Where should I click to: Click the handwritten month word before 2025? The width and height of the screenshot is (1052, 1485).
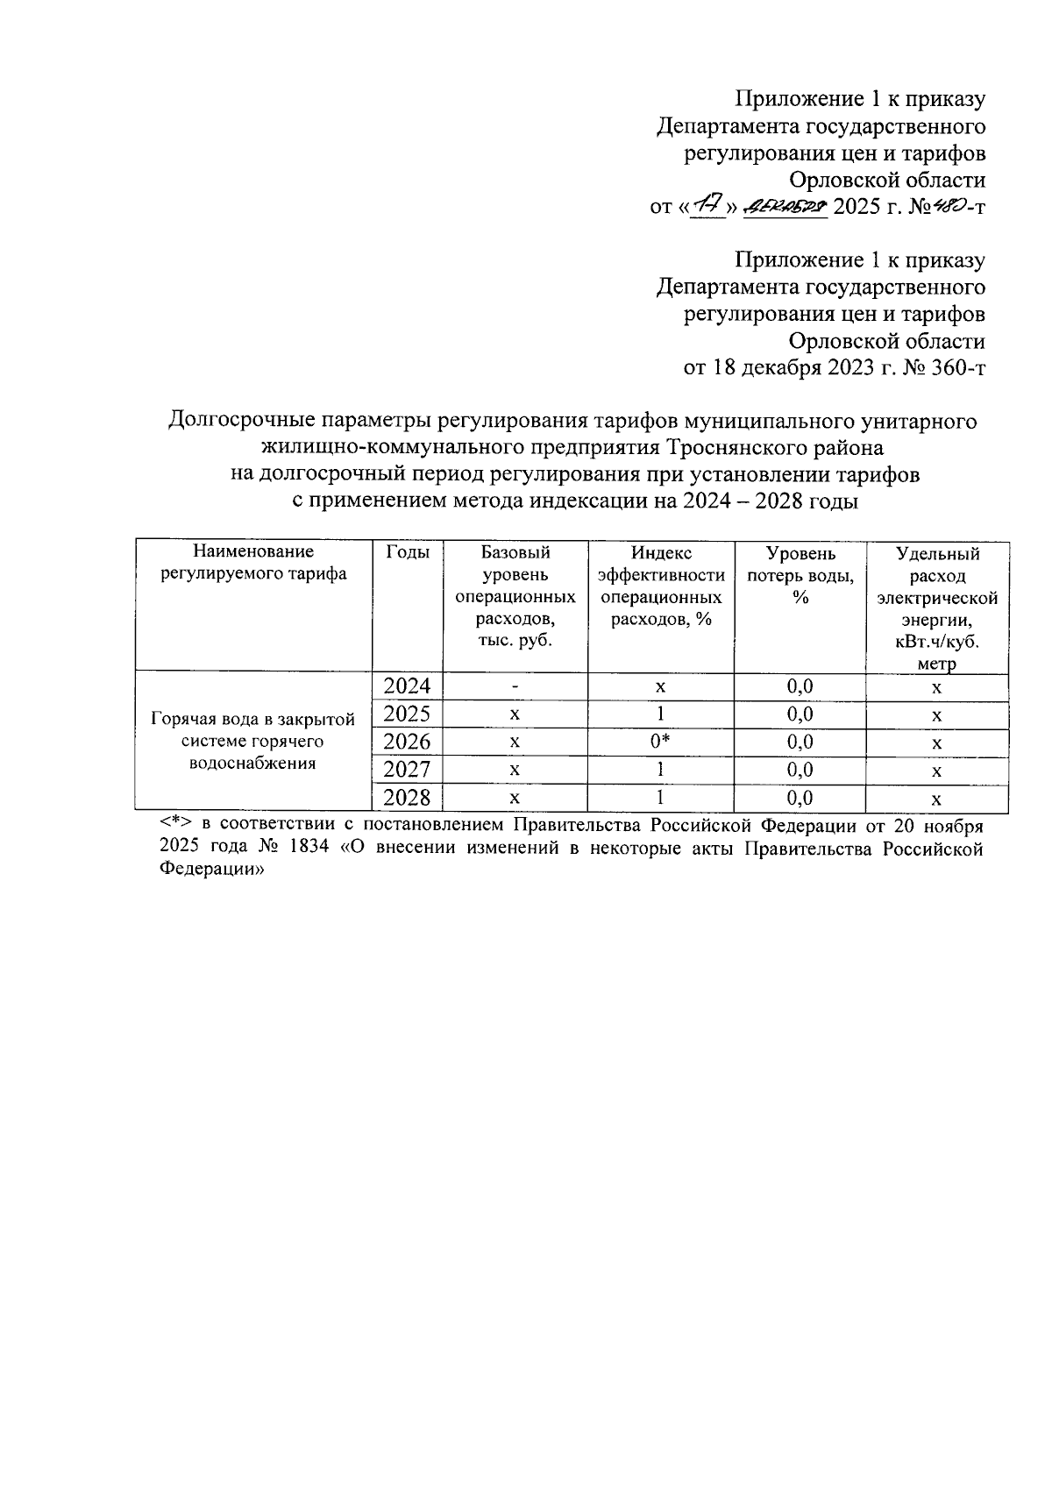785,208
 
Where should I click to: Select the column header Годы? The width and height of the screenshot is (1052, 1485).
408,552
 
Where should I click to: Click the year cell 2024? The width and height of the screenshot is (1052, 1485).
408,686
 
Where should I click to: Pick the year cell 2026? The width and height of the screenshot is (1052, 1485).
408,742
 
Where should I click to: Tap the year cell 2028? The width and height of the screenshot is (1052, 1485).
408,798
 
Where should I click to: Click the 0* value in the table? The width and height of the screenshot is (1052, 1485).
660,742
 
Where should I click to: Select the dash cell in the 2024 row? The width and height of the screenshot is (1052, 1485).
515,686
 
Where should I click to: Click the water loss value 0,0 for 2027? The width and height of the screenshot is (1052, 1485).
800,770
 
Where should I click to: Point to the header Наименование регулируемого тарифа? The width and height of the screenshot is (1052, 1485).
253,563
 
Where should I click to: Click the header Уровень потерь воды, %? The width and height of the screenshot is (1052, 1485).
800,574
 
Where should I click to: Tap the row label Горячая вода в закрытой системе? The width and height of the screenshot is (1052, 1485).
253,741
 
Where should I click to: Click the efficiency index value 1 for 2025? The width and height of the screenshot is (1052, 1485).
660,714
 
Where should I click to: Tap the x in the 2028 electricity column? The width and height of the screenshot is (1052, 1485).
936,799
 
